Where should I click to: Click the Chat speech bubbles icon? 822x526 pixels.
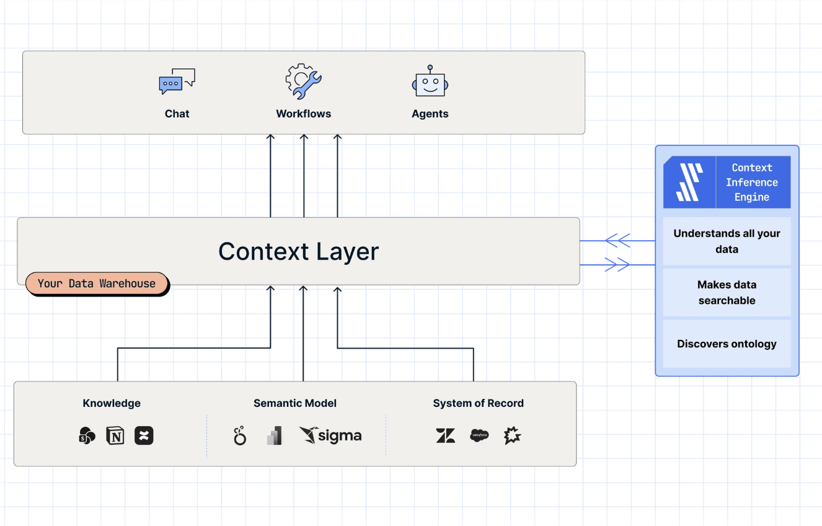(x=177, y=81)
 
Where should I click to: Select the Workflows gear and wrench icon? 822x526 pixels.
(x=304, y=81)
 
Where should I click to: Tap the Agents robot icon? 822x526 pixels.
(x=430, y=81)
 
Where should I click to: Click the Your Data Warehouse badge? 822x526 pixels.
(x=97, y=283)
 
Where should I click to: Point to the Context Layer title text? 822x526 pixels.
(x=298, y=251)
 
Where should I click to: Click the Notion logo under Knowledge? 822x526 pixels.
(x=115, y=435)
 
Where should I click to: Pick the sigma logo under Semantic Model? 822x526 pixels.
(x=330, y=435)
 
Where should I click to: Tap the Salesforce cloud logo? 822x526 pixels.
(x=479, y=435)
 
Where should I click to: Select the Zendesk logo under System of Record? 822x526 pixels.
(x=446, y=435)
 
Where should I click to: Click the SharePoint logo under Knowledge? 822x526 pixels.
(x=87, y=435)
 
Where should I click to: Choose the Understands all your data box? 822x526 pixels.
(x=727, y=241)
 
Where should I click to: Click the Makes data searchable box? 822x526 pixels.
(x=727, y=293)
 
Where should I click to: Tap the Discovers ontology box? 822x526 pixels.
(x=727, y=344)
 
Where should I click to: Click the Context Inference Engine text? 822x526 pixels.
(x=752, y=182)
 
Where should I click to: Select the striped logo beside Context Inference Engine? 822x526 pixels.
(x=689, y=182)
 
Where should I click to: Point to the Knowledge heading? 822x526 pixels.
(x=112, y=403)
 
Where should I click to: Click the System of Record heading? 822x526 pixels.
(x=478, y=403)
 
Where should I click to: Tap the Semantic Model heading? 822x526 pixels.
(x=295, y=403)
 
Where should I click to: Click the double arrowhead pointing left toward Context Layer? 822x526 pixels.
(x=617, y=241)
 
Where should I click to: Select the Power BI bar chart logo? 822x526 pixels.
(x=275, y=435)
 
